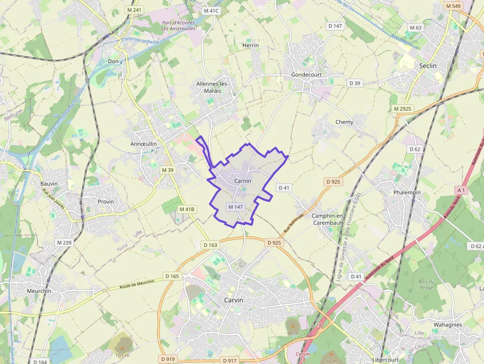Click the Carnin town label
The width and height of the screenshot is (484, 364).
click(242, 181)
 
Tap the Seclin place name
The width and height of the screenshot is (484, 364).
click(428, 66)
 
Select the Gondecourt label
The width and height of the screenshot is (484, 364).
click(306, 75)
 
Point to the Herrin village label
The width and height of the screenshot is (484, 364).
click(250, 45)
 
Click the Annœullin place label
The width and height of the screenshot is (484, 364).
click(143, 144)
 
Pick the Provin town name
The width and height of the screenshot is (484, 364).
click(106, 202)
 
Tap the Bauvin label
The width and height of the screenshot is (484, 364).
click(49, 184)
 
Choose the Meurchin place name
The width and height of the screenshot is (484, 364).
click(39, 291)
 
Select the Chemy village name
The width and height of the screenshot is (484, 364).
click(344, 122)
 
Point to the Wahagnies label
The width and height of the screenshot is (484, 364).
click(447, 324)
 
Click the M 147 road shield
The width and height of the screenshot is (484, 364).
click(236, 206)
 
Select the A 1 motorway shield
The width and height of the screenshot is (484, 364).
click(461, 190)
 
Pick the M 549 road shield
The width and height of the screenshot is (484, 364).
click(452, 6)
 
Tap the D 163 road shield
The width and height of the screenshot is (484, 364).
click(210, 245)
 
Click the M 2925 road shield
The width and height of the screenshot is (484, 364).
click(403, 108)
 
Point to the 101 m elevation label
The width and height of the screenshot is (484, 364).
click(122, 355)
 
